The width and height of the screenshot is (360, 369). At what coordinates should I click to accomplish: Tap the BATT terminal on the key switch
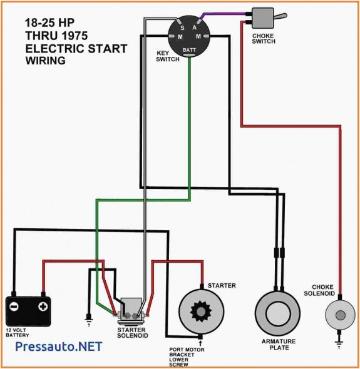[188, 49]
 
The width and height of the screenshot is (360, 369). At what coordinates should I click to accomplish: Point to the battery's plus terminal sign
[43, 306]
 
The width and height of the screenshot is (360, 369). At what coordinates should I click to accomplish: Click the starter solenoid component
[131, 310]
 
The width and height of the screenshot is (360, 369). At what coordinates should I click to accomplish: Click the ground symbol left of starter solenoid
[89, 321]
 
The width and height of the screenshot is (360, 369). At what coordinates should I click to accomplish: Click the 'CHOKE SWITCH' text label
[264, 39]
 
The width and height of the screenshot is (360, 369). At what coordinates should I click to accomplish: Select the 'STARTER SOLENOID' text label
[131, 333]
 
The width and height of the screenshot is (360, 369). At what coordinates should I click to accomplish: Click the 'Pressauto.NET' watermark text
[58, 346]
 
